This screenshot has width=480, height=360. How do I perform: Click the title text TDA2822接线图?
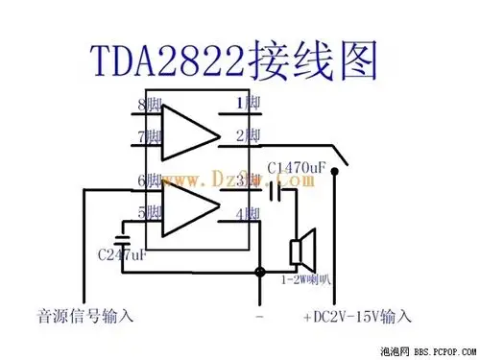237,59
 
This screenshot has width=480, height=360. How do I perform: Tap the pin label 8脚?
148,104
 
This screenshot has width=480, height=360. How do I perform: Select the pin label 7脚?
148,137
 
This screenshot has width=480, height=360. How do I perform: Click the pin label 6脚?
148,180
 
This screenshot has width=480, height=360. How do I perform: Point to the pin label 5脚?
148,212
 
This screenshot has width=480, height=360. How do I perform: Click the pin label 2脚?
248,135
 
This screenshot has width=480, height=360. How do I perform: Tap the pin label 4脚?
248,213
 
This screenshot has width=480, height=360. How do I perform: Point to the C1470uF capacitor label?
302,169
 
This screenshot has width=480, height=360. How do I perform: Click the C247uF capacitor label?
123,255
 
